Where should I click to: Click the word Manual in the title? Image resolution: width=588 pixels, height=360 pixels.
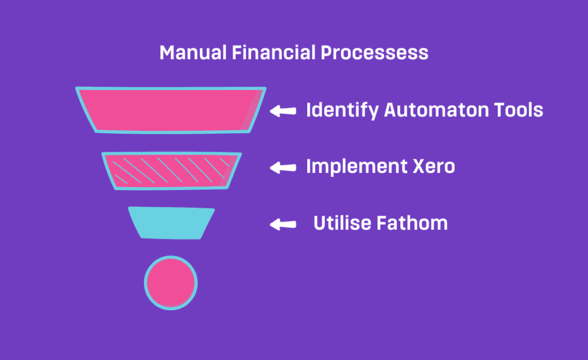click(x=193, y=52)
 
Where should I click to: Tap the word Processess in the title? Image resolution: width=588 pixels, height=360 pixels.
click(x=374, y=52)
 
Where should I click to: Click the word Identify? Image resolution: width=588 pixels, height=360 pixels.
click(x=342, y=111)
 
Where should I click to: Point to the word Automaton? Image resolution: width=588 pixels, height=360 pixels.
click(x=436, y=110)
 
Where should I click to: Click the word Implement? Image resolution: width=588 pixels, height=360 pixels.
click(x=357, y=167)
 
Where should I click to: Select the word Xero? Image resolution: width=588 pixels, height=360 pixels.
click(x=434, y=167)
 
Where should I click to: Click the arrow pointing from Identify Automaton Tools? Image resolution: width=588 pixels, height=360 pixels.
click(x=283, y=111)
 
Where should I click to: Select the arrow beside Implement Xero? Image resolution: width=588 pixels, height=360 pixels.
click(x=283, y=168)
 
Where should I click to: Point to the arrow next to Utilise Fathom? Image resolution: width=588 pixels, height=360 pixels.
click(x=283, y=224)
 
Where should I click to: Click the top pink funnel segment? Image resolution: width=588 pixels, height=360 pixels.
click(x=171, y=110)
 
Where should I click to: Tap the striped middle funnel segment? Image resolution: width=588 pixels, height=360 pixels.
click(x=172, y=171)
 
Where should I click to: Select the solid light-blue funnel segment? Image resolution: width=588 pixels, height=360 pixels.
click(x=171, y=223)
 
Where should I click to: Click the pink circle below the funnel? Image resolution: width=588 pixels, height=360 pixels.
click(x=171, y=283)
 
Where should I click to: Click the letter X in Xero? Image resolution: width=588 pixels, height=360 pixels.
click(x=420, y=167)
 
